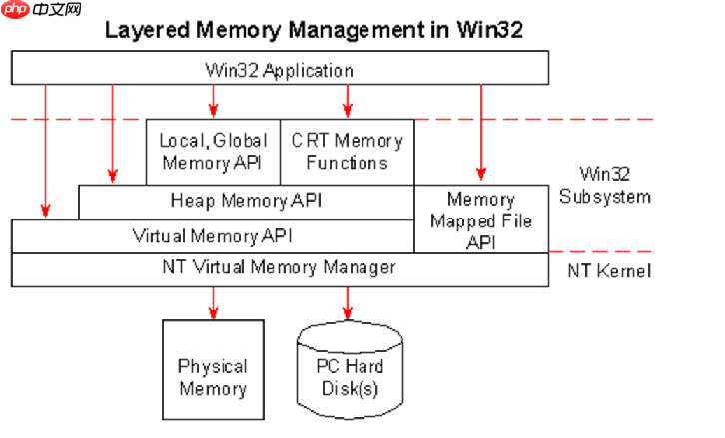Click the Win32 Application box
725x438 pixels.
281,68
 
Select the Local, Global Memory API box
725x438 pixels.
213,152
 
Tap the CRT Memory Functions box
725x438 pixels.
348,152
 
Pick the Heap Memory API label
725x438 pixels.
246,201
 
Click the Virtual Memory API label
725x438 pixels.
213,236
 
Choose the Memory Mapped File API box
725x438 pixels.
481,219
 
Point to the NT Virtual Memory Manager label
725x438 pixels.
280,267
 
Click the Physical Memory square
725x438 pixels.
213,369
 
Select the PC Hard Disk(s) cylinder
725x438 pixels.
350,370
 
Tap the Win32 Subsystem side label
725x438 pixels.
605,185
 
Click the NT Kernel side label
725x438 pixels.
609,270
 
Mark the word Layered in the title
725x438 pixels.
147,31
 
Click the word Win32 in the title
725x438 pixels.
490,30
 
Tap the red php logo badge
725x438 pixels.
16,9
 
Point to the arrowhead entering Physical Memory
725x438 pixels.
213,313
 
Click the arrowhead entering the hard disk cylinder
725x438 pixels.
348,313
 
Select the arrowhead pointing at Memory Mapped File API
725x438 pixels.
481,174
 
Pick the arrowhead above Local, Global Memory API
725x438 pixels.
213,111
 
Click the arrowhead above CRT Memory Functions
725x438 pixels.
348,111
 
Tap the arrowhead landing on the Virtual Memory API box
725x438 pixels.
45,212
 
